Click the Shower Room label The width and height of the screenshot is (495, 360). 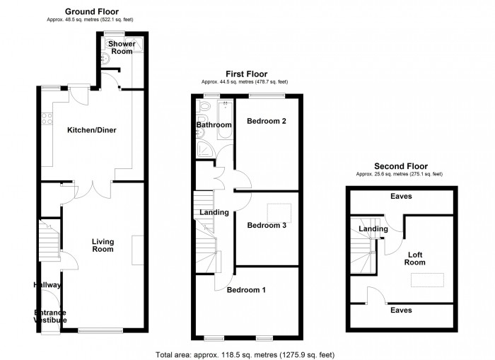coord(122,47)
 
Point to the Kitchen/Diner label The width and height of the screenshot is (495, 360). coord(92,130)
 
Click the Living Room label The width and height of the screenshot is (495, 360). coord(103,245)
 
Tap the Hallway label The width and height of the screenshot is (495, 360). coord(47,285)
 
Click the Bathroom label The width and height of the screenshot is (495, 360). coord(214,125)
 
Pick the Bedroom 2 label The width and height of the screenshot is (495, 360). coord(266,121)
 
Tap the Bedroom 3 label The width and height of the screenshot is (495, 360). coord(266,226)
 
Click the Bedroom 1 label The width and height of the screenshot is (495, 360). coord(246,289)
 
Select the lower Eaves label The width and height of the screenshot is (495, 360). coord(400,310)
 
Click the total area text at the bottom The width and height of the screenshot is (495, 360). coord(244,354)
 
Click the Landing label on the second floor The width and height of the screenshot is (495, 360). coord(373,228)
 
